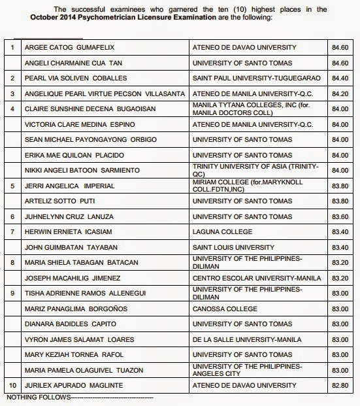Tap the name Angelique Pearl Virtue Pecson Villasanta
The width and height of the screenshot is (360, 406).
97,93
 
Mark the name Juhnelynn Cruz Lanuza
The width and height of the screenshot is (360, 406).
64,216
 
